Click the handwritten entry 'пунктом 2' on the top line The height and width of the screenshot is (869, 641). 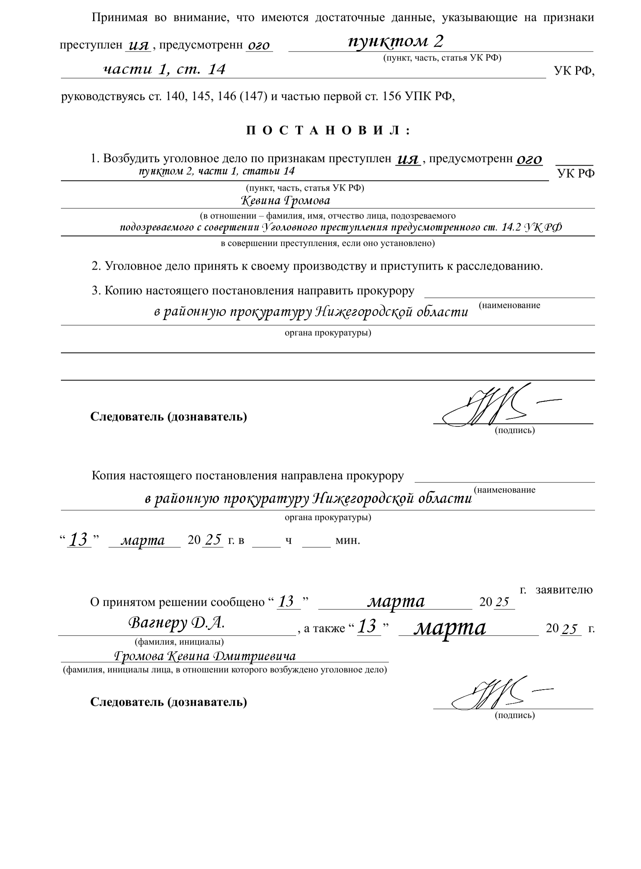click(396, 41)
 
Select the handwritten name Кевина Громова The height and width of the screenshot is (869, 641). click(285, 200)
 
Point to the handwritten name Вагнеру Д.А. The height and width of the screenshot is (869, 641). click(176, 623)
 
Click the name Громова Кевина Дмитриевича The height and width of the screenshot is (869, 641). click(205, 656)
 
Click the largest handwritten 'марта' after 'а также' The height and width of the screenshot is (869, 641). click(450, 628)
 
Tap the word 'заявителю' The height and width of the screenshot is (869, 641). click(564, 590)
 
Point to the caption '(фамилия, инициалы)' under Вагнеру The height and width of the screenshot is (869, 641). click(180, 641)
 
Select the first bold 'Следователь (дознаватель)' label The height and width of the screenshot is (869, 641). click(169, 416)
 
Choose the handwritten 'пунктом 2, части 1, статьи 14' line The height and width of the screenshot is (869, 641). click(217, 171)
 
